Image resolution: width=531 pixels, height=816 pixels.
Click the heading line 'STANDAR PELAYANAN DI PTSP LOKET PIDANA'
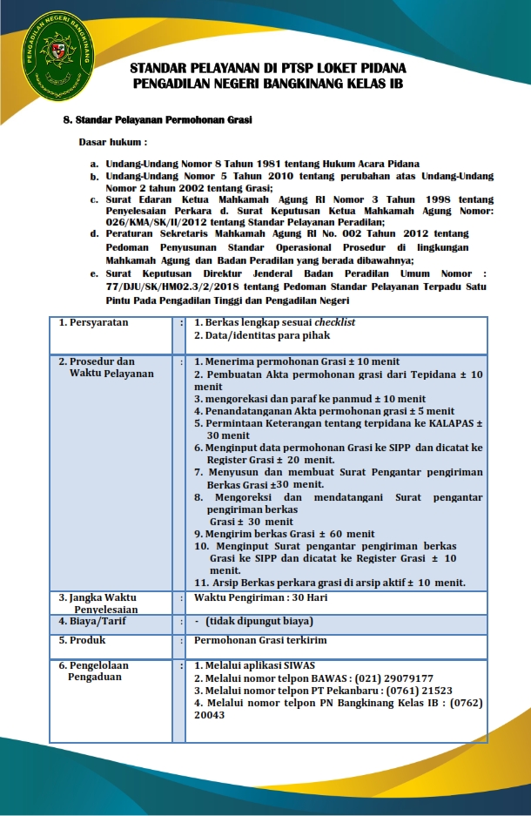coord(267,68)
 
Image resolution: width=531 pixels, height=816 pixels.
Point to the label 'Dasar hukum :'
coord(113,141)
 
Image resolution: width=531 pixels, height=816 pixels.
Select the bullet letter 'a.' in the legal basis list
coord(94,164)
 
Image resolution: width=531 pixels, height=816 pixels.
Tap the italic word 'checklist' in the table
coord(335,322)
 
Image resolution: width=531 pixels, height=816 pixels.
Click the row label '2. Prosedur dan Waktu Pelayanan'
coord(104,368)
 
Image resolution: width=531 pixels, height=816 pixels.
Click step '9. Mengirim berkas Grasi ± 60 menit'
coord(284,534)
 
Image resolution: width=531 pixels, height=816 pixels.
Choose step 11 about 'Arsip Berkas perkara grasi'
coord(329,583)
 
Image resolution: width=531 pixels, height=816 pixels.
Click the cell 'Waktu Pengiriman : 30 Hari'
coord(260,598)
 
